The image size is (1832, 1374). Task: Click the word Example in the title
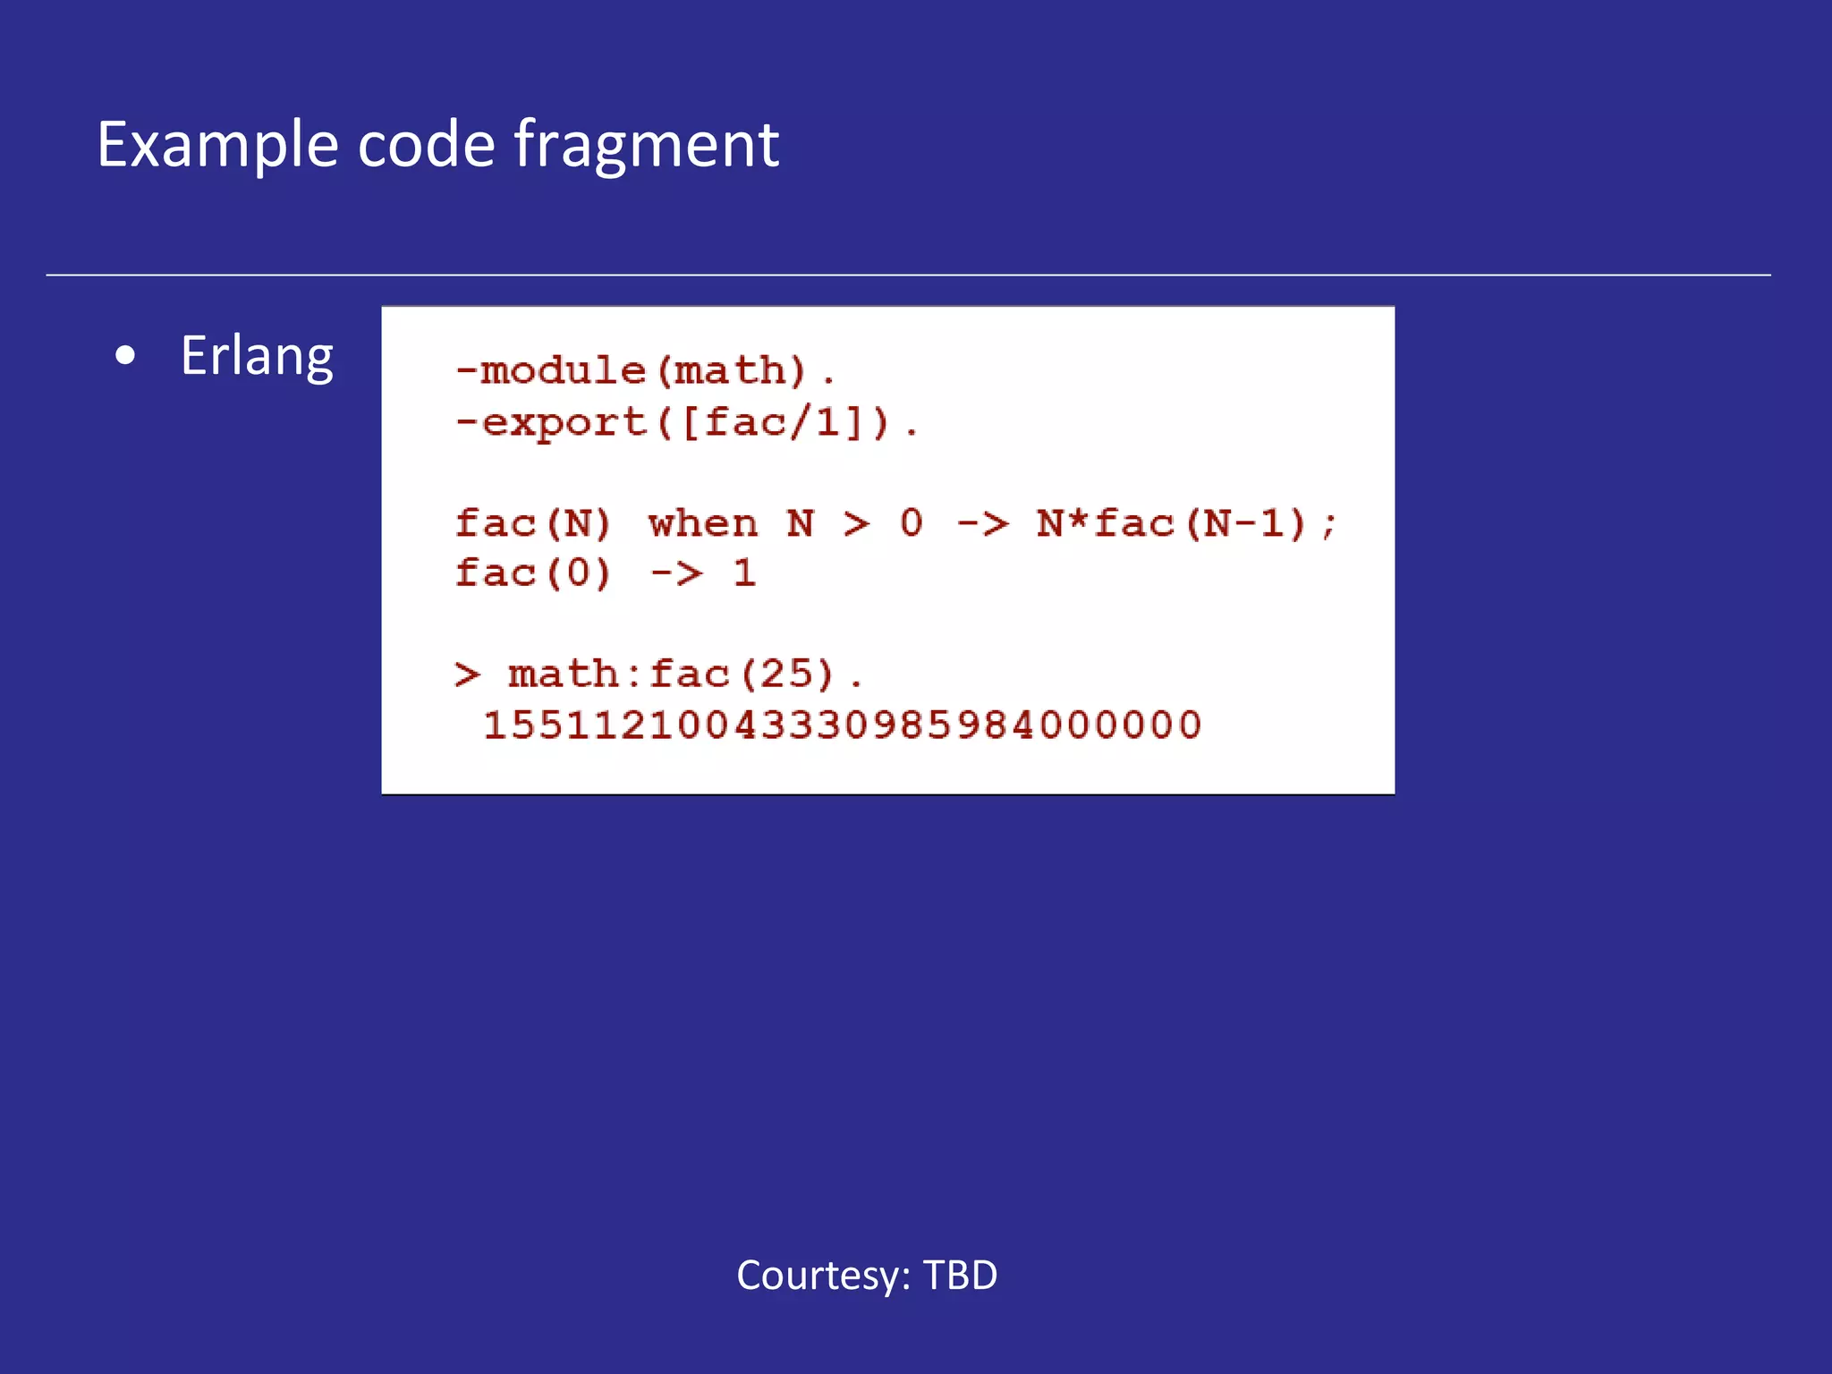[217, 145]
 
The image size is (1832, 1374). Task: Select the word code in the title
[426, 145]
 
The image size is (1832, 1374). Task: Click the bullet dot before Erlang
[126, 356]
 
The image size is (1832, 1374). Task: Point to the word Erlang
[257, 356]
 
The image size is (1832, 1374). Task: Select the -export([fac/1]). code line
[686, 422]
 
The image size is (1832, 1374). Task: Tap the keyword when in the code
[703, 523]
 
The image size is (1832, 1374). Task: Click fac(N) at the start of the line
[533, 523]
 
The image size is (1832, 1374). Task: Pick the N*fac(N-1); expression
[1186, 523]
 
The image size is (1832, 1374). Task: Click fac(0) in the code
[533, 573]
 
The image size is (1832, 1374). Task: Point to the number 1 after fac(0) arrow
[744, 573]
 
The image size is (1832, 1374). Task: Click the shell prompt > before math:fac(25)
[467, 674]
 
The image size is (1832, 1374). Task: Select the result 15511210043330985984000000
[842, 725]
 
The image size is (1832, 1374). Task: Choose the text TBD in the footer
[960, 1276]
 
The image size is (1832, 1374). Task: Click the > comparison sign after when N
[856, 523]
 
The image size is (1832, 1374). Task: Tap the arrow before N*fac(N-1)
[982, 523]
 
